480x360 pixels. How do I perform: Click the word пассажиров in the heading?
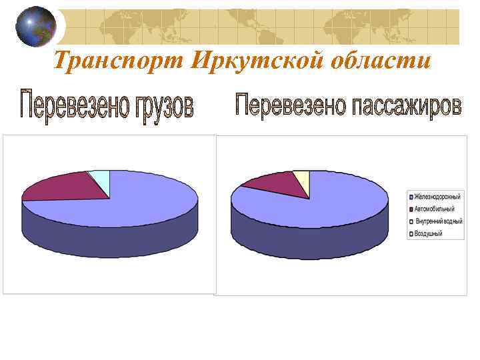[x=407, y=107]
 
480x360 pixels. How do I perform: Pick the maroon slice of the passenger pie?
[x=273, y=180]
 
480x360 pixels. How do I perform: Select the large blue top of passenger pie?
[x=313, y=203]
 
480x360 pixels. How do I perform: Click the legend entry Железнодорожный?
[x=436, y=196]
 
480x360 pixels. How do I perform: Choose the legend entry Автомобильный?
[x=433, y=208]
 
